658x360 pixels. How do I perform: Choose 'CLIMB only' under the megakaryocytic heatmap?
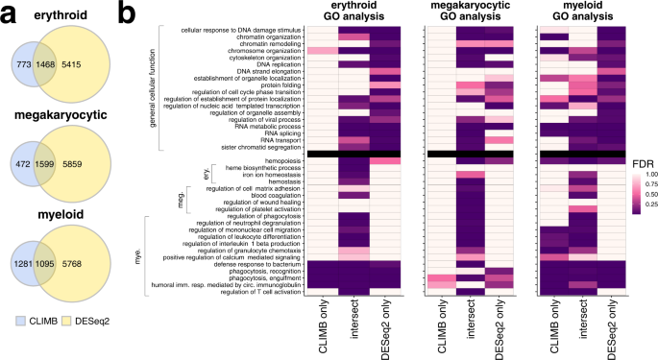(442, 326)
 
